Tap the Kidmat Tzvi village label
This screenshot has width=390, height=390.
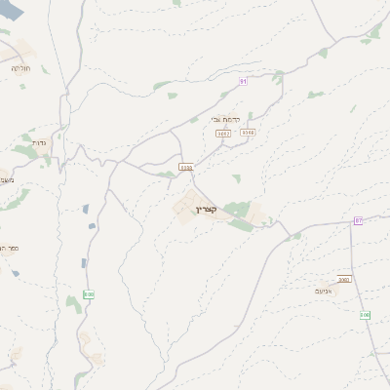pyautogui.click(x=227, y=119)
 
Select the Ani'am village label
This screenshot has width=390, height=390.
pyautogui.click(x=325, y=291)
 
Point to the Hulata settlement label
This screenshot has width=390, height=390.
pyautogui.click(x=20, y=68)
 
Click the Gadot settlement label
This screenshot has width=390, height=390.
pyautogui.click(x=39, y=142)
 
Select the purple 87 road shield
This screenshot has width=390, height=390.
pyautogui.click(x=358, y=221)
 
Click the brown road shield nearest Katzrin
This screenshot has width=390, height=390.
pyautogui.click(x=185, y=167)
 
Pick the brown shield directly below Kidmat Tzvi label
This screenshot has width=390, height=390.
pyautogui.click(x=223, y=133)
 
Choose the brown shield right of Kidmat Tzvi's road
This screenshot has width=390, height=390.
pyautogui.click(x=248, y=132)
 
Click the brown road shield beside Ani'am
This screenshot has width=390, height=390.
pyautogui.click(x=344, y=280)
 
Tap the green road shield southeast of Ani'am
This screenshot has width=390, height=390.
pyautogui.click(x=365, y=315)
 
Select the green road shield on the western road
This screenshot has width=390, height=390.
pyautogui.click(x=89, y=293)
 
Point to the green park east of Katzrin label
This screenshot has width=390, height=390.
pyautogui.click(x=237, y=209)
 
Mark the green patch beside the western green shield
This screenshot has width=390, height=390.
pyautogui.click(x=73, y=303)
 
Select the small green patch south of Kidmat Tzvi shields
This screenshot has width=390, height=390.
pyautogui.click(x=237, y=178)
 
